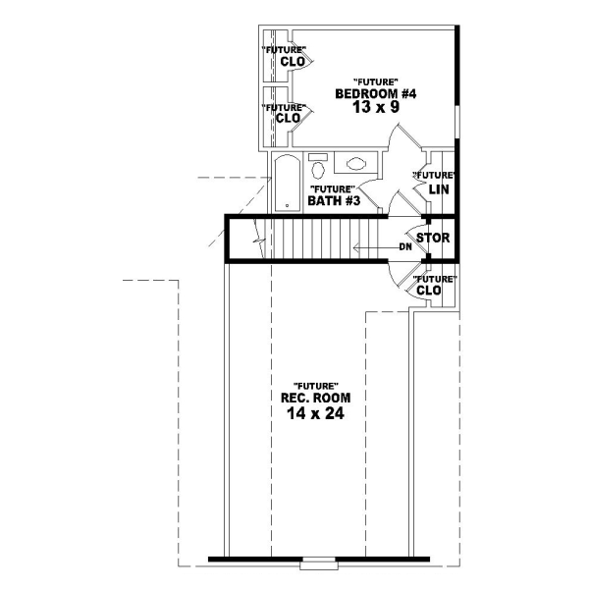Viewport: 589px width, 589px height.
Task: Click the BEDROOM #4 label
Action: (x=377, y=94)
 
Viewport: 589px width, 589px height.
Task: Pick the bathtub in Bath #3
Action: (x=286, y=182)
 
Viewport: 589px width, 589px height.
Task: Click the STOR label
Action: (x=432, y=239)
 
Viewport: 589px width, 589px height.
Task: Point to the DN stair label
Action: (x=404, y=246)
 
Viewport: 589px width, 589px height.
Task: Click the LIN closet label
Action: (x=438, y=187)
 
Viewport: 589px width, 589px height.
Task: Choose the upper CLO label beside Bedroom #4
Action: (x=290, y=62)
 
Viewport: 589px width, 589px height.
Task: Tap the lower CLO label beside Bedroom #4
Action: (x=288, y=119)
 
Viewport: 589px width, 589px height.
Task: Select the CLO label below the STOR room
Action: (x=428, y=291)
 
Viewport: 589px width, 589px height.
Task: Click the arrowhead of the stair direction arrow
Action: (x=354, y=246)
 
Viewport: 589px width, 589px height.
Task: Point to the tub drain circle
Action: (x=286, y=206)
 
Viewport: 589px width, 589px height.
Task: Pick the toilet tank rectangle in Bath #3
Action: (x=317, y=157)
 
